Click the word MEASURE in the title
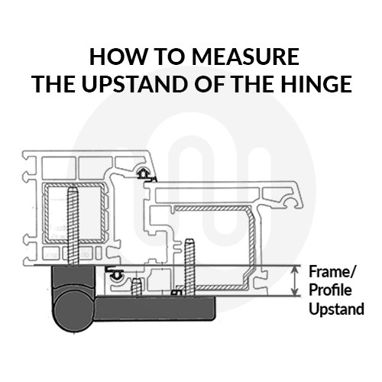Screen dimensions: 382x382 click(245, 57)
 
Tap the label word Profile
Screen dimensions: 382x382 click(330, 290)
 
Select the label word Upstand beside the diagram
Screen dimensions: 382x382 click(336, 309)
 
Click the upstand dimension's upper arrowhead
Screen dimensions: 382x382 click(295, 269)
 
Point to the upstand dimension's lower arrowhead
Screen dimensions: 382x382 click(295, 292)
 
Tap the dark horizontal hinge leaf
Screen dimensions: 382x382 click(156, 307)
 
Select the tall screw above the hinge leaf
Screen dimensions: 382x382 click(189, 267)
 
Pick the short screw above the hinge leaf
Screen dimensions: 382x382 click(136, 287)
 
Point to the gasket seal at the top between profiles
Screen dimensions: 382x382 click(144, 174)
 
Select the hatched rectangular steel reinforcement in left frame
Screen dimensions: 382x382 click(74, 213)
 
